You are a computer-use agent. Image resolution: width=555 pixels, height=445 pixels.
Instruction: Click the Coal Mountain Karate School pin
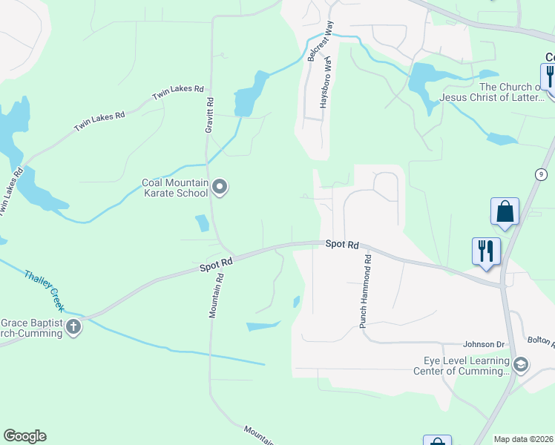point(220,187)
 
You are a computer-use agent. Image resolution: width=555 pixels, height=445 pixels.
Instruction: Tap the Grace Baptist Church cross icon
point(73,326)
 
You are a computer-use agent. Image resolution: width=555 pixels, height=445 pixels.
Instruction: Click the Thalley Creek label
point(45,289)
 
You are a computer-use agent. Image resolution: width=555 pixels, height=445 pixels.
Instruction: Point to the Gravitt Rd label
point(209,116)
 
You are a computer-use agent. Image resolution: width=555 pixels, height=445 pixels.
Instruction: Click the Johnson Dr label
point(483,344)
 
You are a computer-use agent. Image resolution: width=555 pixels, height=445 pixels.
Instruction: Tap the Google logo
point(24,436)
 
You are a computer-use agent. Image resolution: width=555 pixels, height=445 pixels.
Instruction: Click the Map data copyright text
point(523,439)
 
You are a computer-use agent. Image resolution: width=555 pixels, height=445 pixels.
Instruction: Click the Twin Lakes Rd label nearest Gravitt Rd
point(177,93)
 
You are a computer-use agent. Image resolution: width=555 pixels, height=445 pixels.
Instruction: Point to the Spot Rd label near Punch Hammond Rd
point(342,244)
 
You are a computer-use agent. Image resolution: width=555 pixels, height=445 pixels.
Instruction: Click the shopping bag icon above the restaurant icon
point(505,211)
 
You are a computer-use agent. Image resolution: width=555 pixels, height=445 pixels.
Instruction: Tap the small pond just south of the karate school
point(201,222)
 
